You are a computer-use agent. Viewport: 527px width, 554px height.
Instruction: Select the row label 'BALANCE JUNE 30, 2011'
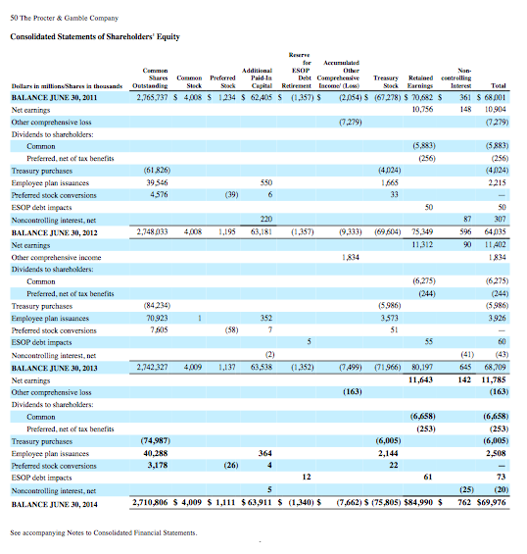click(55, 100)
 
